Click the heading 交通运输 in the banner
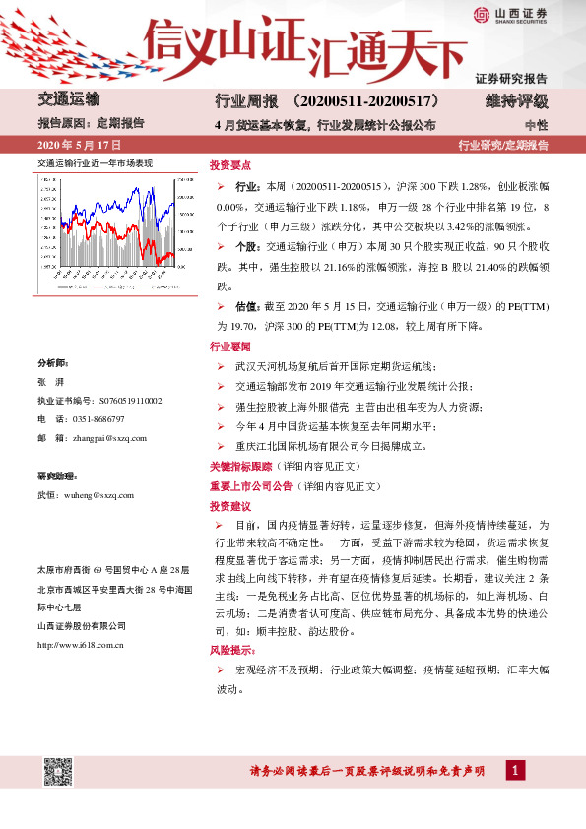click(x=68, y=99)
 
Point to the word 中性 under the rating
click(x=536, y=125)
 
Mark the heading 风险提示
click(x=233, y=650)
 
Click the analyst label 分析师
click(x=52, y=362)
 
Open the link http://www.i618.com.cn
click(x=80, y=618)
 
